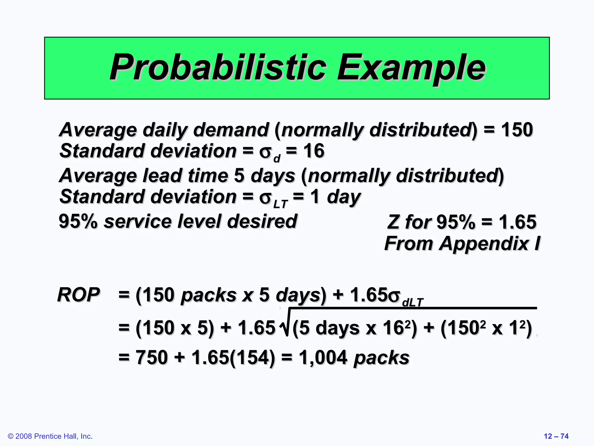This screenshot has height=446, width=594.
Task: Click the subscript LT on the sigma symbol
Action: (x=280, y=204)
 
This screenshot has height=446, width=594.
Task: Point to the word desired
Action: (x=262, y=221)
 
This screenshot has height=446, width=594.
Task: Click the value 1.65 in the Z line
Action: (x=517, y=222)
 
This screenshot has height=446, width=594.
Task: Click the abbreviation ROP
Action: (x=79, y=295)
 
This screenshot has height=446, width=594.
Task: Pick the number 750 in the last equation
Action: (x=151, y=357)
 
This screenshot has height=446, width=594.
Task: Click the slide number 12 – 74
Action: (x=556, y=436)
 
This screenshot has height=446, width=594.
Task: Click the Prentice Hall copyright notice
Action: (x=50, y=436)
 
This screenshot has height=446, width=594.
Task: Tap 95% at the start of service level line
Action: (x=78, y=221)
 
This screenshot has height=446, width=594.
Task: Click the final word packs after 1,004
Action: (x=381, y=357)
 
